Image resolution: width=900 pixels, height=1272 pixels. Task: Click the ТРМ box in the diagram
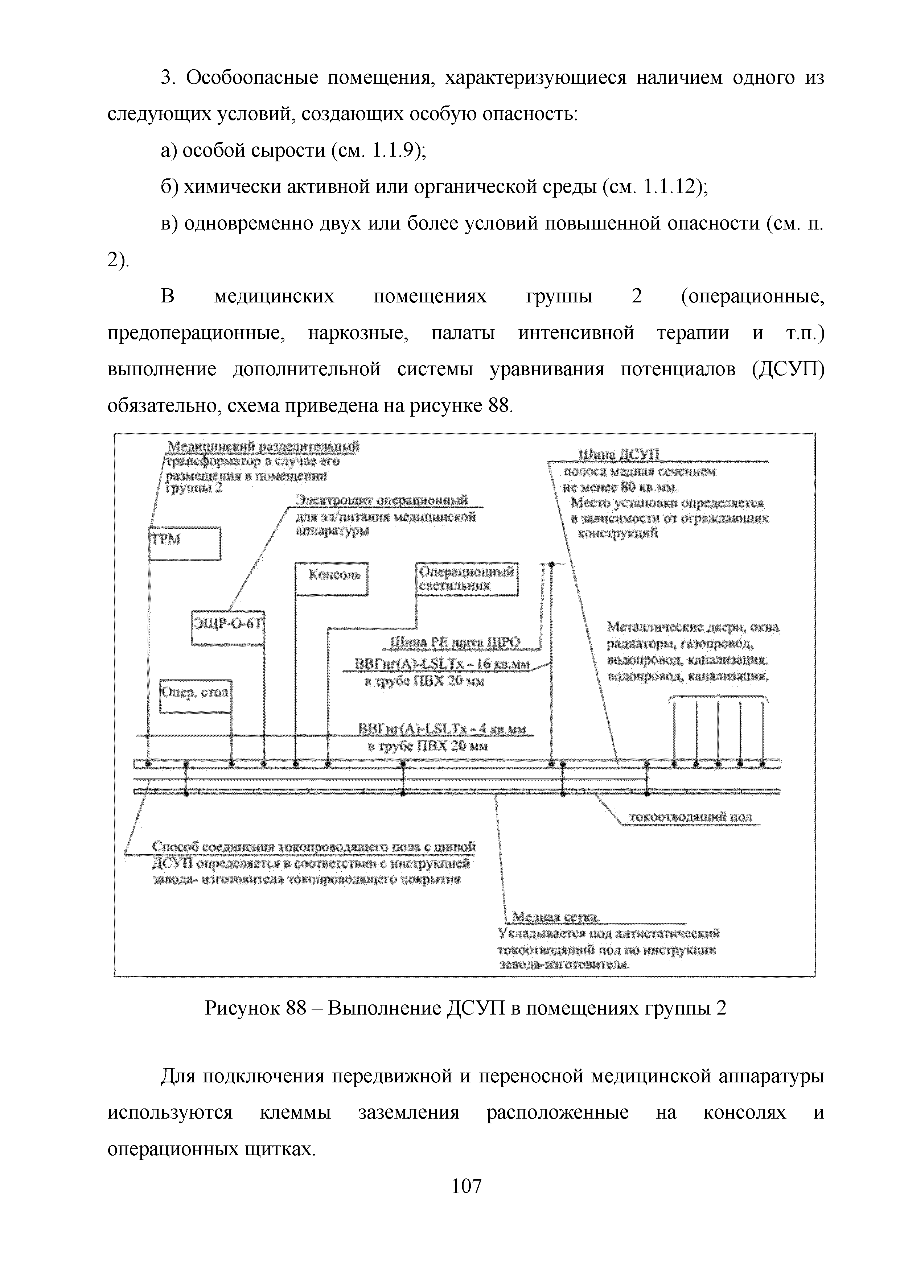point(185,544)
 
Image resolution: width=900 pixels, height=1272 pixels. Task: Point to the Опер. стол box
point(195,696)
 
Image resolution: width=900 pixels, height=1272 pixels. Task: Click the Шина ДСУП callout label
point(619,455)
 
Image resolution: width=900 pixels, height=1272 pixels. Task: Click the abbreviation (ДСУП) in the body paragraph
point(788,369)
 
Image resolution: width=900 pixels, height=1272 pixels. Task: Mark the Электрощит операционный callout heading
point(382,500)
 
